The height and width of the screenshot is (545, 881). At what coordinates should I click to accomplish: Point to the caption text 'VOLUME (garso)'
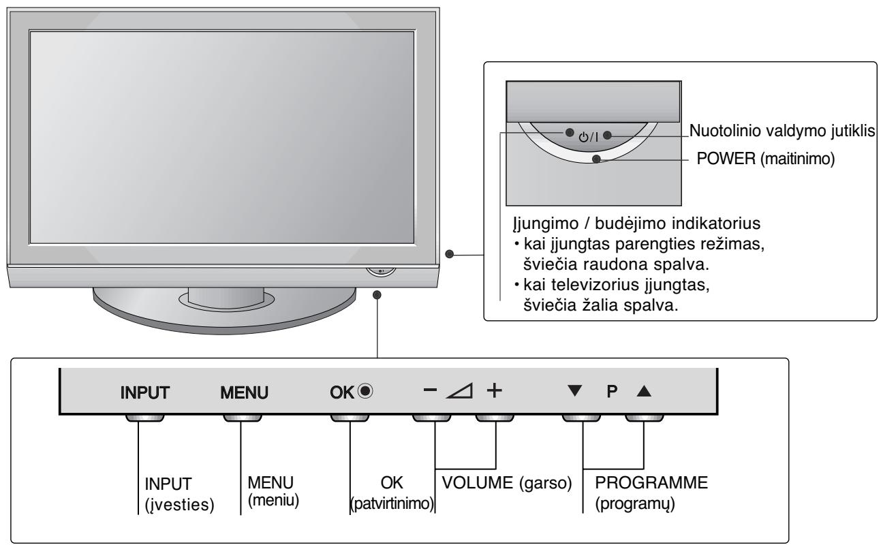point(506,483)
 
